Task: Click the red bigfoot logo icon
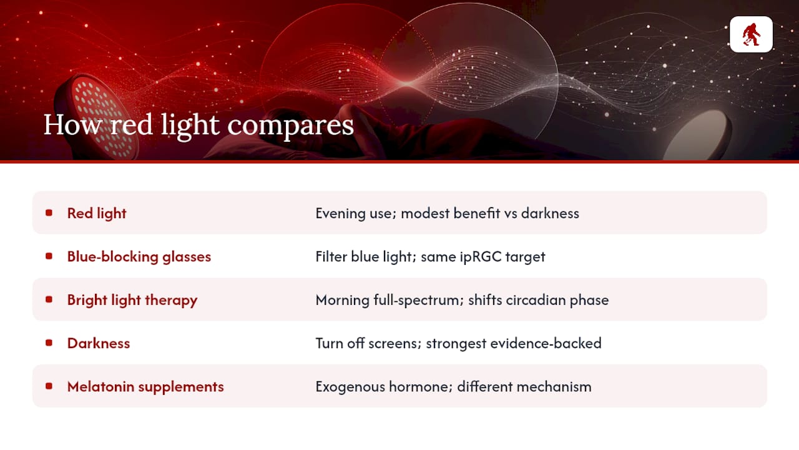tap(751, 34)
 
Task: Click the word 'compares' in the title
tap(290, 125)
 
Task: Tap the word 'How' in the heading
tap(73, 124)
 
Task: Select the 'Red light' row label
tap(97, 213)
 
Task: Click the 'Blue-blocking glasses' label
tap(139, 256)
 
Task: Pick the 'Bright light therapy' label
tap(132, 300)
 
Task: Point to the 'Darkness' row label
tap(99, 343)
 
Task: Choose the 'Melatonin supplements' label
tap(145, 387)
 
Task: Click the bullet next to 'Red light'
tap(49, 213)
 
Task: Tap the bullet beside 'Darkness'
tap(49, 343)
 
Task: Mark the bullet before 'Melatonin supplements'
tap(49, 386)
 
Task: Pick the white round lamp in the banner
tap(696, 135)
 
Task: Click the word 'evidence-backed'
tap(546, 343)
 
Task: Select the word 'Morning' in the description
tap(343, 301)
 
